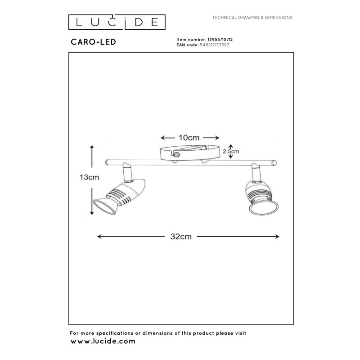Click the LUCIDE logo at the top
coord(117,21)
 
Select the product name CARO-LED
coord(93,42)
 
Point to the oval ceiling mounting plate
coord(190,152)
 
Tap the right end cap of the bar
coord(275,162)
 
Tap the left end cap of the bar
coord(105,162)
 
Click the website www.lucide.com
coord(103,342)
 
